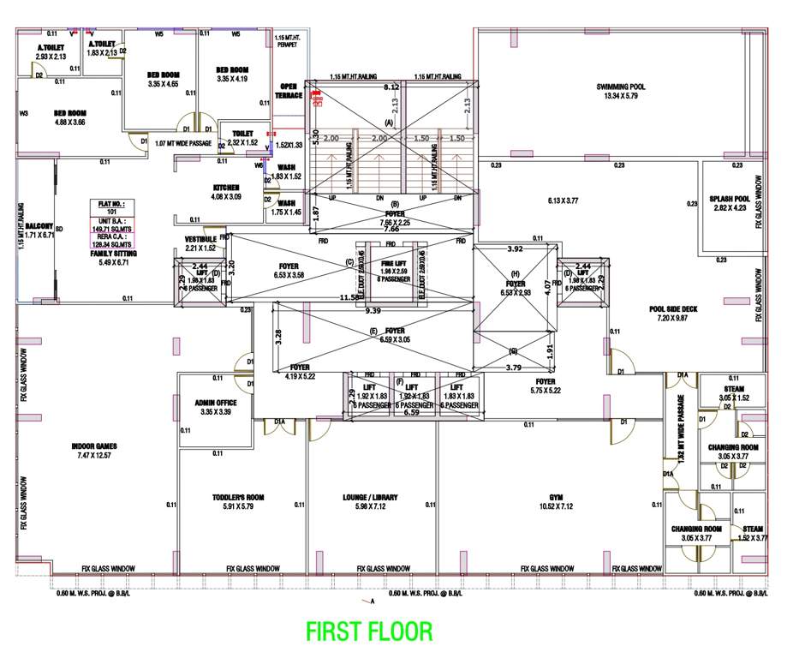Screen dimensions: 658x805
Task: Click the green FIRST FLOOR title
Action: tap(369, 631)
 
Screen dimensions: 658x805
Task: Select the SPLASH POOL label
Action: tap(728, 199)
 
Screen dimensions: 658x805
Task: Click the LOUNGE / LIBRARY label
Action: tap(371, 497)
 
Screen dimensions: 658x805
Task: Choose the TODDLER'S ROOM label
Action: tap(238, 497)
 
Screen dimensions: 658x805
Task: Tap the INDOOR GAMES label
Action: tap(94, 446)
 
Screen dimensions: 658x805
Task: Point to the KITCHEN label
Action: tap(227, 188)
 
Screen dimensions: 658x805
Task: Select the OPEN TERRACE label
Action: tap(289, 91)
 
